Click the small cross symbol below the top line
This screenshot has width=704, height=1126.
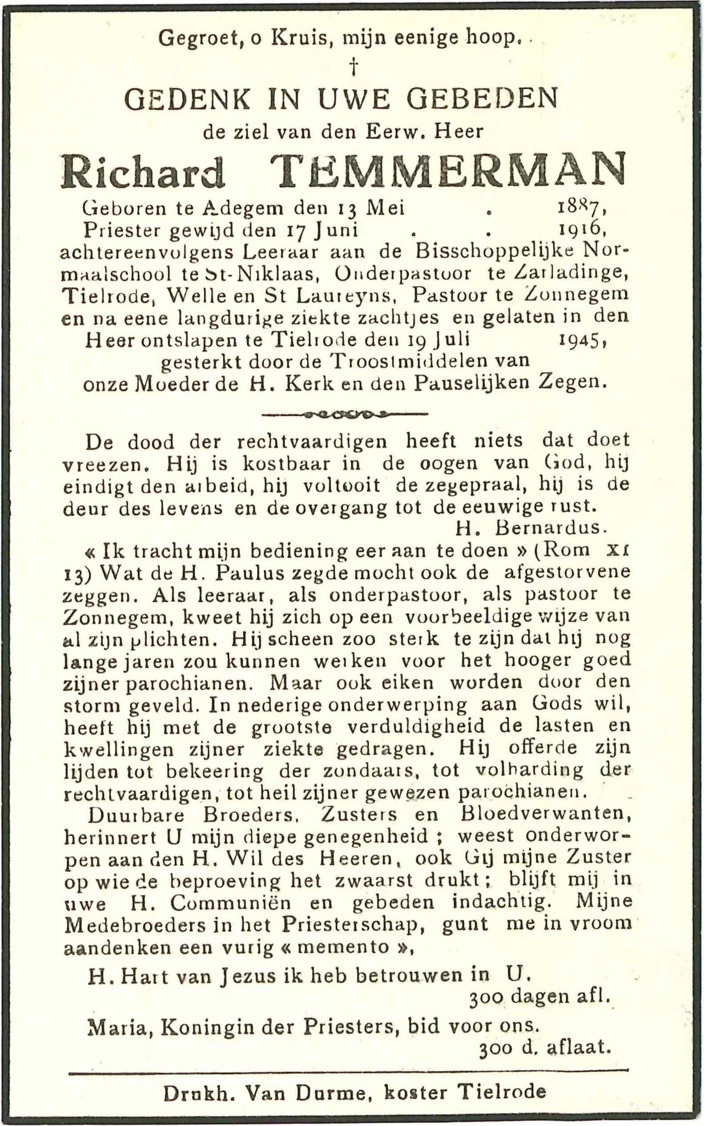point(354,67)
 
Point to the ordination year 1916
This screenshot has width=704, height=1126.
point(581,230)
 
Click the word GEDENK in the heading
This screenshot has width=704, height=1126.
point(188,99)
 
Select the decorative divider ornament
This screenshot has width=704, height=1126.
point(345,413)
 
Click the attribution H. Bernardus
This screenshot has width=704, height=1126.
point(531,528)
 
